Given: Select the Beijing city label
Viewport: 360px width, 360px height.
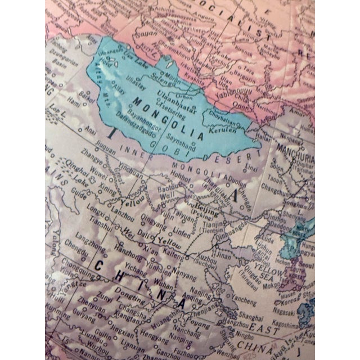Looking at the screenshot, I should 206,208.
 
